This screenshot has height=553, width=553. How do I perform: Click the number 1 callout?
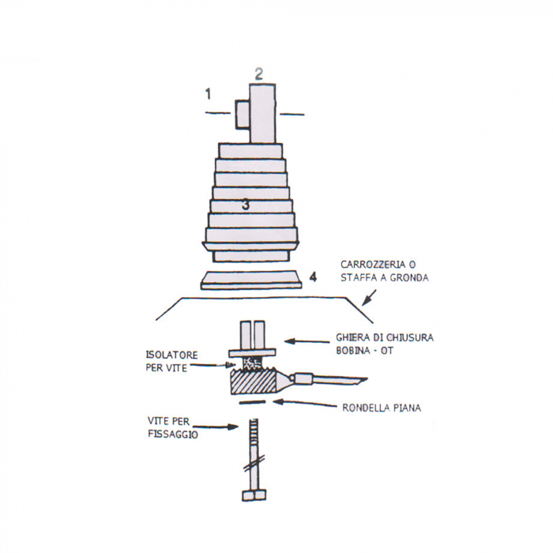[x=209, y=95]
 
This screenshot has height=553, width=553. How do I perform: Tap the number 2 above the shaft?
[x=258, y=74]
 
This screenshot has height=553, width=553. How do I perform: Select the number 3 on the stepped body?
[x=246, y=204]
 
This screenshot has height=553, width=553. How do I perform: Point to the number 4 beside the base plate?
[x=314, y=277]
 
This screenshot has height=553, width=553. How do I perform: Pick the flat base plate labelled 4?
[x=252, y=280]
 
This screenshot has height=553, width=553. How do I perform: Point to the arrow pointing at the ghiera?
[x=305, y=341]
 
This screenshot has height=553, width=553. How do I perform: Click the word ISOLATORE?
[x=171, y=355]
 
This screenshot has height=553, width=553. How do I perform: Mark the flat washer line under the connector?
[x=252, y=403]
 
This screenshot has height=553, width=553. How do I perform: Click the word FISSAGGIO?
[x=173, y=434]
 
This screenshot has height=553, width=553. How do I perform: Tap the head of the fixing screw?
[x=254, y=495]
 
